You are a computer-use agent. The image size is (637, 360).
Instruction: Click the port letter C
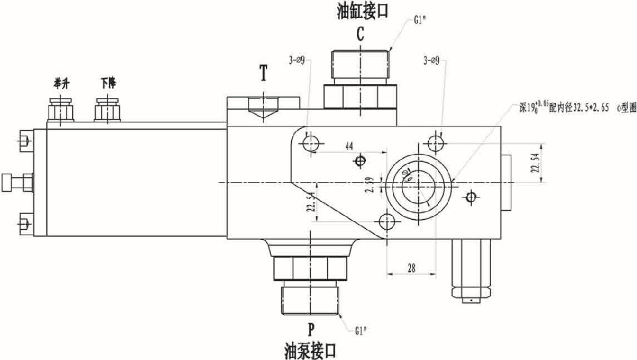point(360,34)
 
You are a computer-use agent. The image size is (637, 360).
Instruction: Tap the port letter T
point(263,73)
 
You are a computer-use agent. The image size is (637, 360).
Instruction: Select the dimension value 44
point(349,146)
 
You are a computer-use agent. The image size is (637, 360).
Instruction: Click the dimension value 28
point(411,268)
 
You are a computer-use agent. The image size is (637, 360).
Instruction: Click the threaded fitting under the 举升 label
point(60,109)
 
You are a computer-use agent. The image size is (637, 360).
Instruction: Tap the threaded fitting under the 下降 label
point(107,109)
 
